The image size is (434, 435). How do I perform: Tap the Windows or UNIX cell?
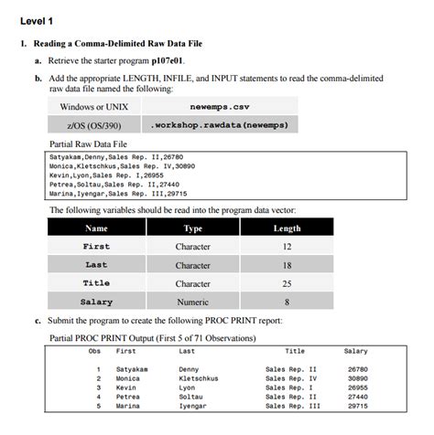pyautogui.click(x=93, y=106)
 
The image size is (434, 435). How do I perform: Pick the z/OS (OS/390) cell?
pyautogui.click(x=93, y=124)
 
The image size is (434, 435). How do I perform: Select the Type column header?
pyautogui.click(x=192, y=228)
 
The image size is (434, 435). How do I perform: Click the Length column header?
pyautogui.click(x=287, y=228)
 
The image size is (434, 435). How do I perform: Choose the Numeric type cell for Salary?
pyautogui.click(x=192, y=302)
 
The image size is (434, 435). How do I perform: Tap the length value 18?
pyautogui.click(x=287, y=265)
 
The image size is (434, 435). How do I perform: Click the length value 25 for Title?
pyautogui.click(x=287, y=283)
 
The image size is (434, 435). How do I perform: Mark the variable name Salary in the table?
pyautogui.click(x=96, y=302)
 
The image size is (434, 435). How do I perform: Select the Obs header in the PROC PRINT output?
pyautogui.click(x=93, y=350)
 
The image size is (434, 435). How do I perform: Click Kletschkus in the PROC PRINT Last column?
pyautogui.click(x=199, y=377)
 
